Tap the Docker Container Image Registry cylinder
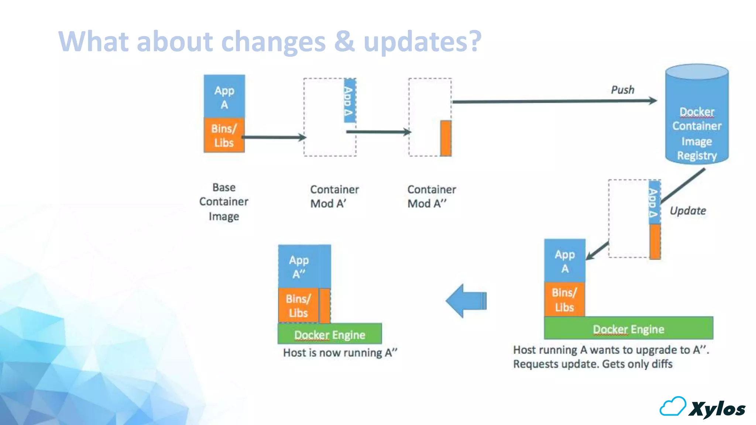(697, 118)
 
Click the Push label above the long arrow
(622, 90)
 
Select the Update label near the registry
(688, 211)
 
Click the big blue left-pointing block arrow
(466, 301)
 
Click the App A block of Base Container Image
(224, 97)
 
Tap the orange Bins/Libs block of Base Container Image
(224, 135)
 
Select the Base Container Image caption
(224, 201)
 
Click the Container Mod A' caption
(334, 196)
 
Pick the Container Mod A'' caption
(431, 196)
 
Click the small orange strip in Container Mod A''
(446, 138)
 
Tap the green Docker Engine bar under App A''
(330, 334)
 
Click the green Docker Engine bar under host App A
(628, 328)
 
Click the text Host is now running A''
(340, 353)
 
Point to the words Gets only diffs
(637, 364)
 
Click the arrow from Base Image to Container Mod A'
(274, 137)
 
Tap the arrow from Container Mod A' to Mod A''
(378, 132)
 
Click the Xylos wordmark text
(717, 409)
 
